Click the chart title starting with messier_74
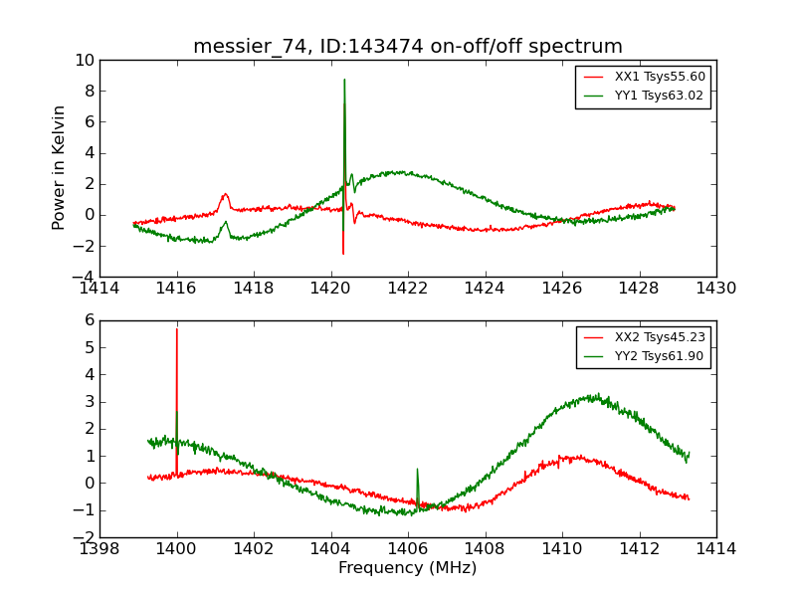pyautogui.click(x=408, y=46)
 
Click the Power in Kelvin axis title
pyautogui.click(x=60, y=167)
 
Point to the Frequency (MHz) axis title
pyautogui.click(x=408, y=568)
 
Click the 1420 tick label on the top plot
pyautogui.click(x=331, y=289)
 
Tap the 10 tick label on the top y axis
pyautogui.click(x=84, y=61)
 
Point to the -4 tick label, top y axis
pyautogui.click(x=84, y=277)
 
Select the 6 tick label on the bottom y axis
pyautogui.click(x=89, y=320)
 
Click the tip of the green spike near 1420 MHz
pyautogui.click(x=344, y=80)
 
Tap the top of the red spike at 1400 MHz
pyautogui.click(x=177, y=328)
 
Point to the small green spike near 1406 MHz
pyautogui.click(x=417, y=469)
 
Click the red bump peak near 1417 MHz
pyautogui.click(x=225, y=194)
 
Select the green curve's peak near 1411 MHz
pyautogui.click(x=595, y=396)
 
